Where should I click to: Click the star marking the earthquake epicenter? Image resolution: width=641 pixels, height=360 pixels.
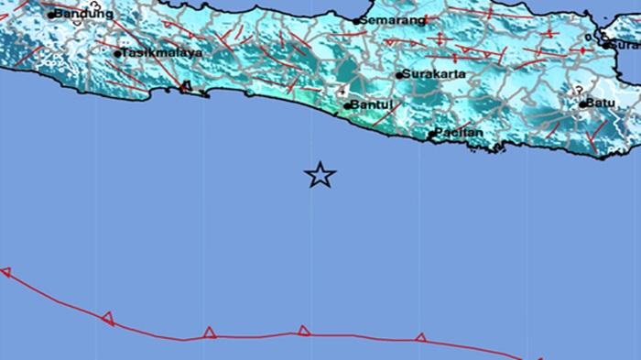320,175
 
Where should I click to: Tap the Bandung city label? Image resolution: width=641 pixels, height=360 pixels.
84,14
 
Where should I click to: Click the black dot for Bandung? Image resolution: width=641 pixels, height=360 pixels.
52,15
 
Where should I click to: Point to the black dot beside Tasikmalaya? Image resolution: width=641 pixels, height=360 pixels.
118,54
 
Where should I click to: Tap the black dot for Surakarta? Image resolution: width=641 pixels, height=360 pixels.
399,75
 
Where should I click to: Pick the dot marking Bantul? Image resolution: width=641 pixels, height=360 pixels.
348,106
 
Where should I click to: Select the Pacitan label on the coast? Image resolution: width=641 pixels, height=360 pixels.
460,135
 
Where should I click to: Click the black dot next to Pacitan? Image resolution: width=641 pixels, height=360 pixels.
432,136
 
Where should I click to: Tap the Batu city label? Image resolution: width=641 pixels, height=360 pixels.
602,104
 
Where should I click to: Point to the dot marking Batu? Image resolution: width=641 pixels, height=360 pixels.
583,104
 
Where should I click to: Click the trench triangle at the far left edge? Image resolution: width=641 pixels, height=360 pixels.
5,272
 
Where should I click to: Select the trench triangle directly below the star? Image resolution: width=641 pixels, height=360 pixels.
304,331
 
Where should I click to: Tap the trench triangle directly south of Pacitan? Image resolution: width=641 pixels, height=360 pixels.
420,337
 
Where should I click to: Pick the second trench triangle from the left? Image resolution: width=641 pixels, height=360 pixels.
108,318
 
